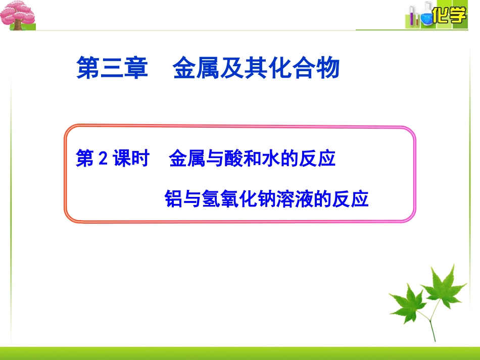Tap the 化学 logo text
pos(449,16)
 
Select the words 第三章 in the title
pos(112,68)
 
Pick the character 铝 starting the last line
pos(174,199)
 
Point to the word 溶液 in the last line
pos(301,199)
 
